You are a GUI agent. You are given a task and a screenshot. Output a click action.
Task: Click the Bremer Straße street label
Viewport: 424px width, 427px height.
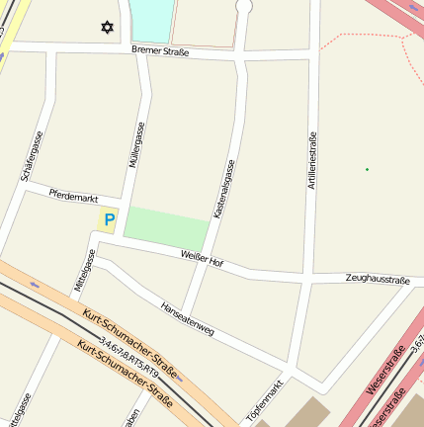[x=159, y=49]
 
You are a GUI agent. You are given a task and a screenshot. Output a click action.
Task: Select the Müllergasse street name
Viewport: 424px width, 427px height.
[x=138, y=145]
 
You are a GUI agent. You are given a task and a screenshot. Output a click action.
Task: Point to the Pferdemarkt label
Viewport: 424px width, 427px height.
[x=72, y=198]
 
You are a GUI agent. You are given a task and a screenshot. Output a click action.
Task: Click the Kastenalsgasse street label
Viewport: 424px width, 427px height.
[x=223, y=189]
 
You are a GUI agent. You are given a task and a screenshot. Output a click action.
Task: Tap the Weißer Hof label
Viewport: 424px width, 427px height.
[x=203, y=258]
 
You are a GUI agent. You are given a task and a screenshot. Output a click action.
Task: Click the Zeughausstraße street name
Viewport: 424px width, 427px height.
[x=378, y=281]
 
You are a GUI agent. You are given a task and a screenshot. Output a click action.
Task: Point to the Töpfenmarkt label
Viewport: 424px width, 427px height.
[x=265, y=400]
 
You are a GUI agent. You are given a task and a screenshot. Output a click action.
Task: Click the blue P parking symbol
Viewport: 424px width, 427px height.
[x=109, y=220]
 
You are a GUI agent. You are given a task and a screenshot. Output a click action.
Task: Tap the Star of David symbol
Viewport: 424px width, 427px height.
[x=107, y=27]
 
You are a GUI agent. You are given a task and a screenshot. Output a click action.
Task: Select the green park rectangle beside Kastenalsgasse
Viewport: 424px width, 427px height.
[x=167, y=228]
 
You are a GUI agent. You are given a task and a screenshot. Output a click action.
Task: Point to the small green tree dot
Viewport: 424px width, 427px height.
[x=367, y=169]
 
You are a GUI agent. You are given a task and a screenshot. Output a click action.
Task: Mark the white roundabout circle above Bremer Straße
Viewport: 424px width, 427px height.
[x=244, y=6]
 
